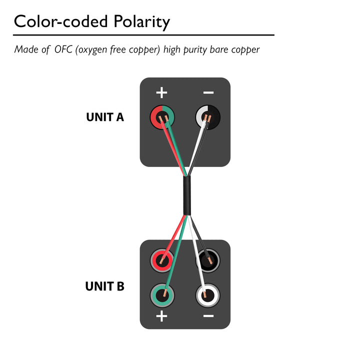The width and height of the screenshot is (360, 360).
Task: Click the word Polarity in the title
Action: point(141,22)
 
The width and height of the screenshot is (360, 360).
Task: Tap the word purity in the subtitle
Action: point(195,50)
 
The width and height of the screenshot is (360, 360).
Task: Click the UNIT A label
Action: point(105,117)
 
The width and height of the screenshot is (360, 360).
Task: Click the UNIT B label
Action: point(104,286)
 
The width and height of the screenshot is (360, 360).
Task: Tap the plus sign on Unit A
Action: point(161,92)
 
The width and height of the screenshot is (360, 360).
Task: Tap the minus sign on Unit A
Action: point(208,92)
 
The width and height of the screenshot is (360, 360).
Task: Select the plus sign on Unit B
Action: point(161,316)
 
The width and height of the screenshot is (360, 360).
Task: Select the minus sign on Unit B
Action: point(208,316)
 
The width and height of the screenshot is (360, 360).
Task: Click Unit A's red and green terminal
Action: point(162,117)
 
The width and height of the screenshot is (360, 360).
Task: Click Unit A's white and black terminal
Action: point(208,117)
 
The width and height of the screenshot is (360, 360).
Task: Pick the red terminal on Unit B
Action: point(162,260)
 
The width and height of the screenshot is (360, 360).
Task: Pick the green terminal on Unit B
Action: point(162,295)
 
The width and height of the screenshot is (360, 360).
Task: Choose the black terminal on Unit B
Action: point(207,260)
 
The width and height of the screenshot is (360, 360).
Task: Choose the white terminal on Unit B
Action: point(207,295)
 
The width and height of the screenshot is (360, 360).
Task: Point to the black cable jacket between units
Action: point(187,195)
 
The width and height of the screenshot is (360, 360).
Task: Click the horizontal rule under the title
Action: point(143,35)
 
